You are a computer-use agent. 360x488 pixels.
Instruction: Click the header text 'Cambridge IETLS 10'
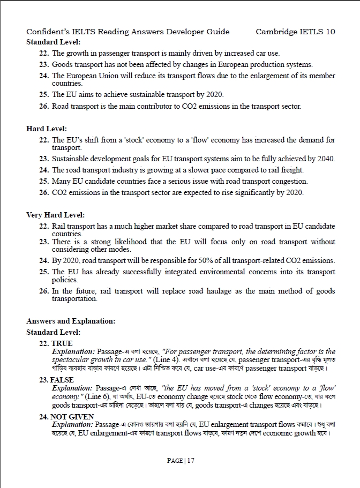coord(295,32)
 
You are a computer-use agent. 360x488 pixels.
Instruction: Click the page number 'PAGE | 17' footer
coord(180,460)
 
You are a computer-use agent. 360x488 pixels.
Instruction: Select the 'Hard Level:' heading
coord(47,129)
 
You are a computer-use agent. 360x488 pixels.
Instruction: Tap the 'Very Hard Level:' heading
coord(55,215)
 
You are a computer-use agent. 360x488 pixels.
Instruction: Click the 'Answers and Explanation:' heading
coord(71,321)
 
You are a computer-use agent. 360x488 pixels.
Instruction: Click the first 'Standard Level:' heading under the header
coord(53,42)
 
